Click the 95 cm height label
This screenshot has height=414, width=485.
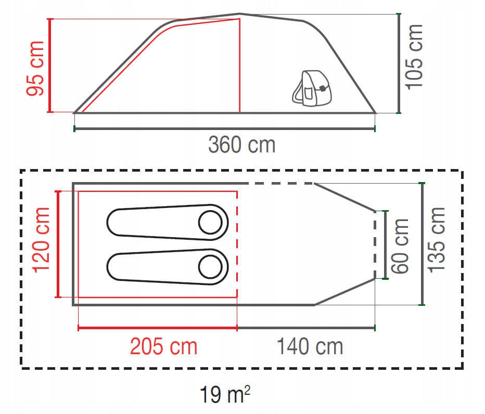click(x=35, y=68)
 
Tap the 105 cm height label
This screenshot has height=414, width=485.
click(x=414, y=57)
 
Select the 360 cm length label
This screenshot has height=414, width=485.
click(x=241, y=145)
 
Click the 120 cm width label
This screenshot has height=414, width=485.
click(x=41, y=240)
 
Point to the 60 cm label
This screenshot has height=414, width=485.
click(x=400, y=246)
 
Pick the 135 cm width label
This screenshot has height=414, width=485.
click(x=436, y=240)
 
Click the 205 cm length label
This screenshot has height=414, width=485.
click(x=163, y=346)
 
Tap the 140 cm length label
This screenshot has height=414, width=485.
click(x=310, y=346)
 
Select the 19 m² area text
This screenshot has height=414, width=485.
click(x=225, y=394)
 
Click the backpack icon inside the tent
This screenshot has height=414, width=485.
click(x=312, y=88)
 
